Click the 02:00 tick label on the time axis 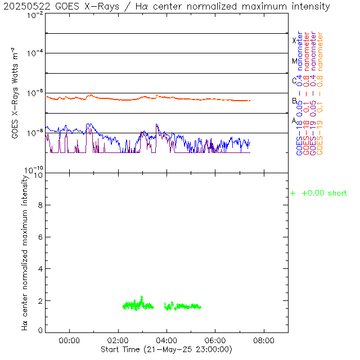(x=118, y=341)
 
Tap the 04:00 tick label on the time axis (x=167, y=341)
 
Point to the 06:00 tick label (x=215, y=341)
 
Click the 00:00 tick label (x=69, y=341)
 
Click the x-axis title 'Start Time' (x=167, y=350)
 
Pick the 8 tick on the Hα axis (x=40, y=206)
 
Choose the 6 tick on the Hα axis (x=40, y=237)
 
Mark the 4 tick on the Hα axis (x=40, y=268)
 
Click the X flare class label (x=294, y=40)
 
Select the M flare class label (x=294, y=61)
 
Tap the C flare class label (x=294, y=80)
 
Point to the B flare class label (x=294, y=101)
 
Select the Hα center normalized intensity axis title (x=25, y=252)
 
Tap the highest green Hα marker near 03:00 (x=142, y=298)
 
